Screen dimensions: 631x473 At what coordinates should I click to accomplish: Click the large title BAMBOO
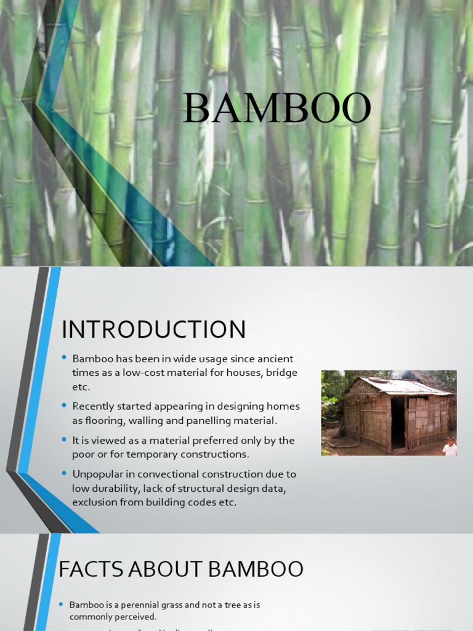pyautogui.click(x=277, y=108)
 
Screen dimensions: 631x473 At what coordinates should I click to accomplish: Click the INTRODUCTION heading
pyautogui.click(x=153, y=330)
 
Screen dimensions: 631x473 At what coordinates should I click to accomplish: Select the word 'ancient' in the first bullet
pyautogui.click(x=275, y=359)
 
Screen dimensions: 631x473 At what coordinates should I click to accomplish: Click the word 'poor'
pyautogui.click(x=85, y=455)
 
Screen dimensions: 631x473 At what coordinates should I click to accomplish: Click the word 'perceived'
pyautogui.click(x=136, y=616)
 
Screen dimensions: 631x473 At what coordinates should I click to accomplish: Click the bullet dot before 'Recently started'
pyautogui.click(x=64, y=405)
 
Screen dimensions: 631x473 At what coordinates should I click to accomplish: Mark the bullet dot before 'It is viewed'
pyautogui.click(x=64, y=440)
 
